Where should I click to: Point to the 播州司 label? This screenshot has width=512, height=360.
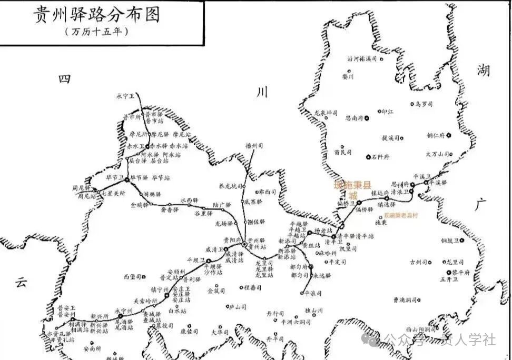pos(253,146)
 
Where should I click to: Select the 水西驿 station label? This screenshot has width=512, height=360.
pos(189,200)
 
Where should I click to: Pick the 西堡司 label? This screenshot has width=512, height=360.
pos(133,276)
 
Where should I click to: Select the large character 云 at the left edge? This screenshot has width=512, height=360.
pos(21,282)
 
